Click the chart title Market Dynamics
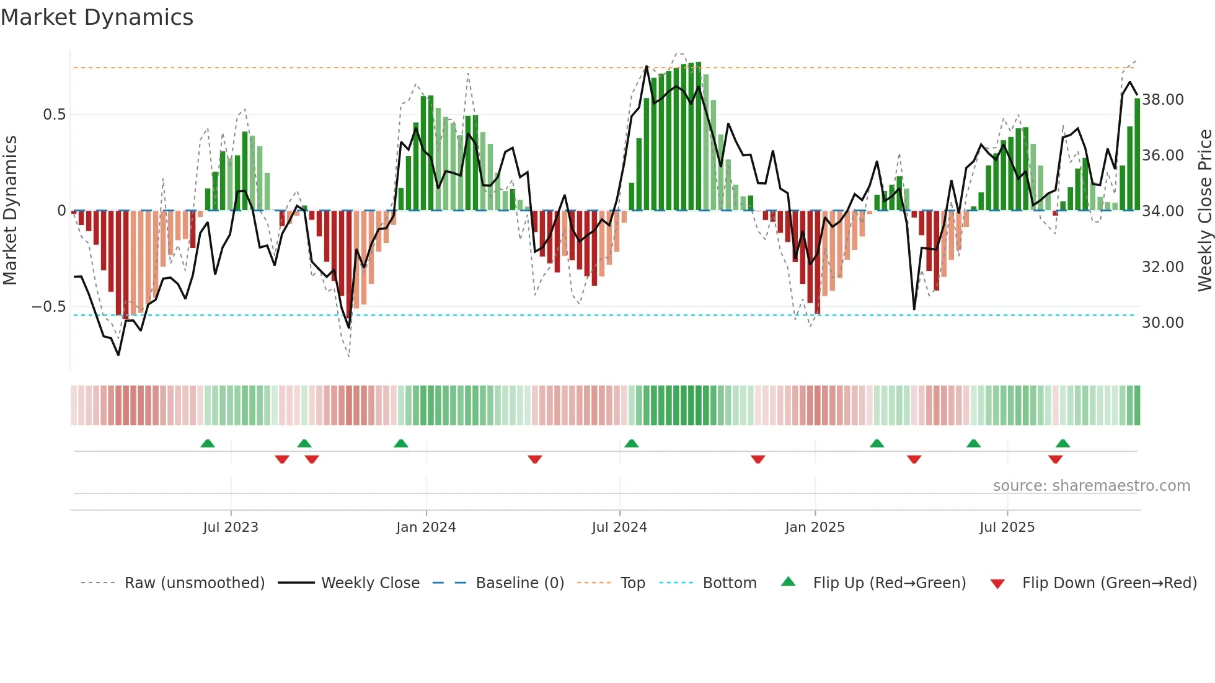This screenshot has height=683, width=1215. (x=97, y=17)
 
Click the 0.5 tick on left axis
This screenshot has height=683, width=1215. (x=54, y=115)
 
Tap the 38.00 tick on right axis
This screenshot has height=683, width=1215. (x=1162, y=100)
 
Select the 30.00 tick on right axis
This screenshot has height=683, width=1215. (x=1162, y=323)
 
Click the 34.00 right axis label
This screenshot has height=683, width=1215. (x=1162, y=211)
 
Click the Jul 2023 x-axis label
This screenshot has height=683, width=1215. (x=231, y=527)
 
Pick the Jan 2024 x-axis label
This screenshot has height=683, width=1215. (x=426, y=527)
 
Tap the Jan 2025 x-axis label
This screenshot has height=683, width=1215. (x=815, y=527)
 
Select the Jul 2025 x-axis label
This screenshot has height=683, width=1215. (x=1007, y=527)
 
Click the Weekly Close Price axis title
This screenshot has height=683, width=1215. (x=1204, y=211)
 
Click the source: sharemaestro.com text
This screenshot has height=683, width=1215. (x=1091, y=486)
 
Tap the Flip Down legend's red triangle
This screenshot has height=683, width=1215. (x=997, y=584)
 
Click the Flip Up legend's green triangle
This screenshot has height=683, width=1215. (x=788, y=581)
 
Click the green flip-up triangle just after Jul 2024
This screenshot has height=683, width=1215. (x=631, y=444)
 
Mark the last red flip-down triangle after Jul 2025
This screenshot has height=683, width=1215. (x=1055, y=459)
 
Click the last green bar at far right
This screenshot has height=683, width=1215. (x=1137, y=155)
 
